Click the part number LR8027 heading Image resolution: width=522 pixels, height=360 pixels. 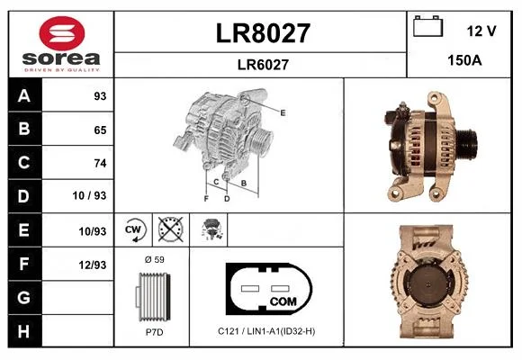coord(263,33)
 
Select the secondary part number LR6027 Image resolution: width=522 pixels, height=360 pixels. coord(263,65)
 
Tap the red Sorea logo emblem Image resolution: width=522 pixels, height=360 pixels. coord(62,33)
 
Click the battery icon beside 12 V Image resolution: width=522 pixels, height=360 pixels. coord(428,26)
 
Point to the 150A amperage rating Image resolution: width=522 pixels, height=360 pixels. coord(464,60)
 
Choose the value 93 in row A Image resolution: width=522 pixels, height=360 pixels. coord(100,96)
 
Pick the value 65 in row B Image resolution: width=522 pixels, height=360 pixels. coord(100,130)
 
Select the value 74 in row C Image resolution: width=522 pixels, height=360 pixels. coord(100,163)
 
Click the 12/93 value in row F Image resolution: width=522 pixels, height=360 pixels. coord(93,265)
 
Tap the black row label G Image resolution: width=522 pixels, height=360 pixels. coord(25,297)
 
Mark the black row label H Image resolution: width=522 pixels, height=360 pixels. coord(25,331)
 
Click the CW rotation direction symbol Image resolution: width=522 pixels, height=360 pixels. coord(134,229)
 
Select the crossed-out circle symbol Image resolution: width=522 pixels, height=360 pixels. coord(171,229)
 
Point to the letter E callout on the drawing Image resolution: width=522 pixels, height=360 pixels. coord(283,112)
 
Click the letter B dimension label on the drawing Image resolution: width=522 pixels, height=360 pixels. coord(244,183)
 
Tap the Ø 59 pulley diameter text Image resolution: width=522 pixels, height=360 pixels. coord(155,259)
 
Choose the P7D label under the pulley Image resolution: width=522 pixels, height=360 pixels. coord(155,332)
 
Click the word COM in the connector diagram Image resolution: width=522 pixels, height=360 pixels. coord(283,301)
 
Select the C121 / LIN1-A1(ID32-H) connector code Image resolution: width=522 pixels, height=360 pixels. coord(266,331)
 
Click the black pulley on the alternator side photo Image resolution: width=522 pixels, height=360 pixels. coord(467,145)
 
